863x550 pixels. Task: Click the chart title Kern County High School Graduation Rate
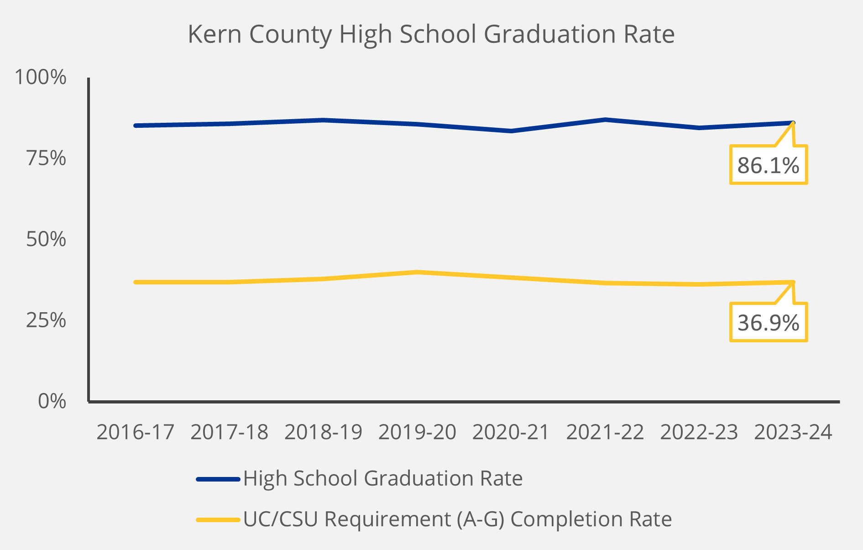tap(431, 34)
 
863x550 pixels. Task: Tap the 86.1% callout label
tap(769, 165)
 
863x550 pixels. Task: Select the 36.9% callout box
tap(769, 323)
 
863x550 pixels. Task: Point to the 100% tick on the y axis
tap(41, 77)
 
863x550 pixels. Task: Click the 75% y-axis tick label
tap(46, 158)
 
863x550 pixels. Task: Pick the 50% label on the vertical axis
tap(46, 239)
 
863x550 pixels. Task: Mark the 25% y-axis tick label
tap(46, 320)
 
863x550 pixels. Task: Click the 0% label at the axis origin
tap(52, 402)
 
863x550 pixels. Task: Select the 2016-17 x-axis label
tap(136, 432)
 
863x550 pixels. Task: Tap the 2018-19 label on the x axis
tap(323, 432)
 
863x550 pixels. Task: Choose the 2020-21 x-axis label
tap(511, 432)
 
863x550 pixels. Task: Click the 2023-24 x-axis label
tap(793, 432)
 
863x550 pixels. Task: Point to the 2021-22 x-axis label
tap(605, 432)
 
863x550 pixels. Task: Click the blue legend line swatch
tap(218, 479)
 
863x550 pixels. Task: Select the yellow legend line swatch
tap(218, 519)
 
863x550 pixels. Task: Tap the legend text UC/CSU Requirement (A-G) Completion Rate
tap(457, 519)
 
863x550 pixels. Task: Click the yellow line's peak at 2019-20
tap(417, 272)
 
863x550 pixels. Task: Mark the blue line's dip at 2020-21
tap(511, 131)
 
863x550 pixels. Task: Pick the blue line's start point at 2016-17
tap(136, 126)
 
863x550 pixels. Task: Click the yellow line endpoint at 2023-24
tap(793, 282)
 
